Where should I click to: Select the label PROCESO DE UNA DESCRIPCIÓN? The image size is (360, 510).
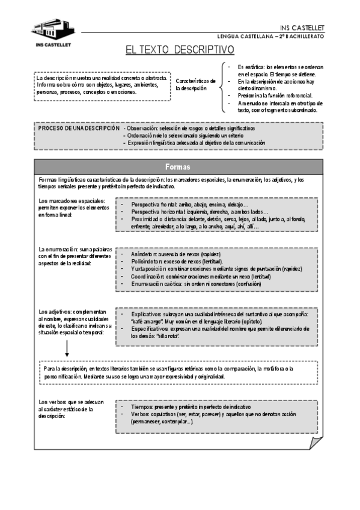(x=78, y=129)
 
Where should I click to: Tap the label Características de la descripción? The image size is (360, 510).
(x=195, y=84)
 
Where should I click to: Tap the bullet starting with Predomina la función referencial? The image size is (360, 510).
(x=275, y=96)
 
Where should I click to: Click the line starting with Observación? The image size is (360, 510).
(x=190, y=129)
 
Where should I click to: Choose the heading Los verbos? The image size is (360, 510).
(x=53, y=402)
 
